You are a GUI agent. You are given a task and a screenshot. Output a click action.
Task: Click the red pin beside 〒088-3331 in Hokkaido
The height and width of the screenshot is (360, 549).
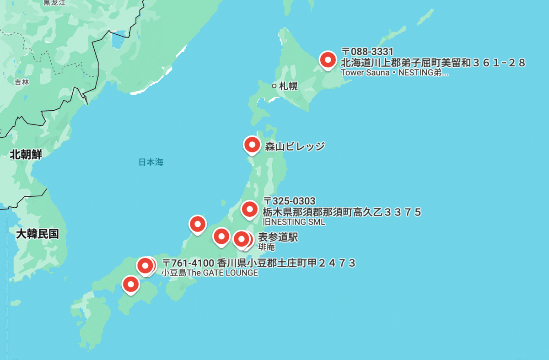[x=328, y=60]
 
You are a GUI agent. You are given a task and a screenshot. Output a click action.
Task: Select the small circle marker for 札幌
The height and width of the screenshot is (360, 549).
[x=274, y=86]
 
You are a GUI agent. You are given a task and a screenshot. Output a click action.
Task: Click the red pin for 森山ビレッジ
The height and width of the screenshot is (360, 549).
[x=251, y=145]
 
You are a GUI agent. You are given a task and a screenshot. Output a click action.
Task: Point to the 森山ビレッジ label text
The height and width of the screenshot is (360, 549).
[x=295, y=146]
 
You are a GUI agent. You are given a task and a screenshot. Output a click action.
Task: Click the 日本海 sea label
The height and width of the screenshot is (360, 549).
[x=151, y=162]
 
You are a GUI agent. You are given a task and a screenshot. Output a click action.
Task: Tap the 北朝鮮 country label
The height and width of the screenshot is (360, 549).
[x=26, y=155]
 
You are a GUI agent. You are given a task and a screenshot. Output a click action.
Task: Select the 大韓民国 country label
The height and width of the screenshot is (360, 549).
[x=37, y=234]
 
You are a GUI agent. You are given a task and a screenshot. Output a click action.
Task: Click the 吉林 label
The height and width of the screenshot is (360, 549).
[x=22, y=82]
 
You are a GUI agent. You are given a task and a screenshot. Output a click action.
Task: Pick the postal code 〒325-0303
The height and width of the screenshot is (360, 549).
[x=289, y=201]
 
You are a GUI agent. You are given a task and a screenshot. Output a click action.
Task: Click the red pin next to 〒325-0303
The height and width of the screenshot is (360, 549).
[x=249, y=209]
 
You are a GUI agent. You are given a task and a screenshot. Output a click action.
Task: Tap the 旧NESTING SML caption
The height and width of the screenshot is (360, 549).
[x=294, y=222]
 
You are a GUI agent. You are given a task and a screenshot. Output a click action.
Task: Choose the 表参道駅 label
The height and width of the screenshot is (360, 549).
[x=278, y=237]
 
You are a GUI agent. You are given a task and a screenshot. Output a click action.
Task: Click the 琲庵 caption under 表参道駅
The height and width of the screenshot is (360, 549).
[x=266, y=247]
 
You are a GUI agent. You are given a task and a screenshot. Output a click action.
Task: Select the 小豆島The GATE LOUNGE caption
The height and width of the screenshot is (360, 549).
[x=210, y=273]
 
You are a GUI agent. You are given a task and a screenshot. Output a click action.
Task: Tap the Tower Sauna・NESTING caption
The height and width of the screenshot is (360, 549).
[x=394, y=72]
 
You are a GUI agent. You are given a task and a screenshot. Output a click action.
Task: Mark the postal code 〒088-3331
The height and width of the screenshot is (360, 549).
[x=367, y=51]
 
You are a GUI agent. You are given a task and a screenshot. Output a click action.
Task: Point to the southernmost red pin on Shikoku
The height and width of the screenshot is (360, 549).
[x=131, y=285]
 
